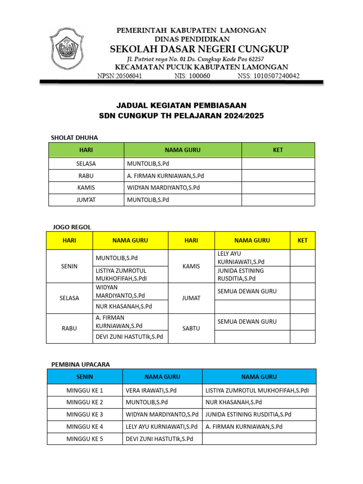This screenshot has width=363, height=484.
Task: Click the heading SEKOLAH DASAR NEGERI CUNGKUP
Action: coord(199,49)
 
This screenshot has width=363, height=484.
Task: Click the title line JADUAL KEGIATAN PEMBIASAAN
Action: coord(181,105)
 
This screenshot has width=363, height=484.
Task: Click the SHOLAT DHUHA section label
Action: coord(74,138)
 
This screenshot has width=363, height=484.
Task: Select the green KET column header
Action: coord(278,150)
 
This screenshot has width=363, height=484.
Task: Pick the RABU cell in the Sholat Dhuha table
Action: coord(86,176)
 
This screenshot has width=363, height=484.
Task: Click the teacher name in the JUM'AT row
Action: coord(148,200)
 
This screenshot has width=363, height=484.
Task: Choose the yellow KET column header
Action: coord(302,241)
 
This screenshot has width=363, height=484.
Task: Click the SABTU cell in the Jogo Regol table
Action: coord(191,328)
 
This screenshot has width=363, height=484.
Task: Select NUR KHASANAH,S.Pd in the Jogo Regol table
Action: coord(124,306)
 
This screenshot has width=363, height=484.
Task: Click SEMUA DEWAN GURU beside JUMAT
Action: coord(247,291)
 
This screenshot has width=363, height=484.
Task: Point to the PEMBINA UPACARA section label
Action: coord(80,364)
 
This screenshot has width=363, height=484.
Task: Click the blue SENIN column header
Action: coord(85,377)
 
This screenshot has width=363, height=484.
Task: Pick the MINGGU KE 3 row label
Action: coord(85,415)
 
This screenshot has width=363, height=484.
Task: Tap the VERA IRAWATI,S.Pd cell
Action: coord(151,390)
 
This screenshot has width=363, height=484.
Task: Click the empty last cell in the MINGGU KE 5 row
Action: coord(259,439)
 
